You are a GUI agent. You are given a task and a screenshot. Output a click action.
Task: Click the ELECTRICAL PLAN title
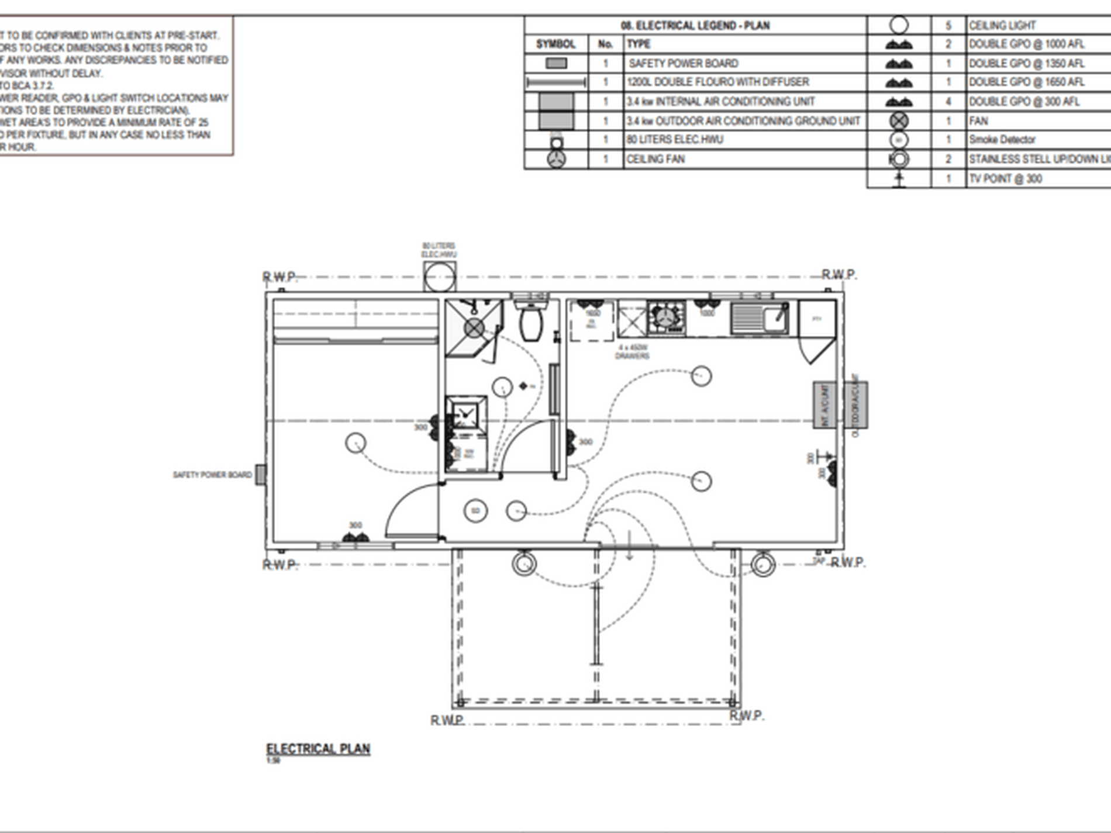tap(318, 749)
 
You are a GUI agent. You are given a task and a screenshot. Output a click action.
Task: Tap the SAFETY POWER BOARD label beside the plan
tap(212, 475)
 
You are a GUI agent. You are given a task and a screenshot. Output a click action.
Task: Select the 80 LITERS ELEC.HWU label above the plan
tap(439, 250)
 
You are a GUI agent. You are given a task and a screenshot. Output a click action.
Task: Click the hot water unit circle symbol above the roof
tap(440, 277)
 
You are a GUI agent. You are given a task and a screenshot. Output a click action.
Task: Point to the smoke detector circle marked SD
tap(475, 511)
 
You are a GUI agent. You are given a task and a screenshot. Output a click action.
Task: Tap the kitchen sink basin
tap(775, 319)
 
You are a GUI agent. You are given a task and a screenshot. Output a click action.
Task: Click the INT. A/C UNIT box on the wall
tap(824, 405)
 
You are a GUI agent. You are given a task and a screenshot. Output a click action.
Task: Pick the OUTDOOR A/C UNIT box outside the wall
tap(855, 405)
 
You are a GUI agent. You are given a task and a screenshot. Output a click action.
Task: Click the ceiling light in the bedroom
tap(356, 443)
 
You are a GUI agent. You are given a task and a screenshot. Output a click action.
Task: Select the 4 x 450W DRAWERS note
tap(632, 351)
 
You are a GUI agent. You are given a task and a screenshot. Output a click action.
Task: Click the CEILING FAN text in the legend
tap(655, 159)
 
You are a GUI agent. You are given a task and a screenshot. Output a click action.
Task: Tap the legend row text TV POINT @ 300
tap(1005, 179)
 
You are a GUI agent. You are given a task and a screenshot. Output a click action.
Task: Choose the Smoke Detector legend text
tap(1002, 140)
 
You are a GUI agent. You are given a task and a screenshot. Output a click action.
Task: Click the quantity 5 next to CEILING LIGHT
tap(948, 26)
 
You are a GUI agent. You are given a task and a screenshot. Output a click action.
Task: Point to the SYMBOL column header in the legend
tap(555, 44)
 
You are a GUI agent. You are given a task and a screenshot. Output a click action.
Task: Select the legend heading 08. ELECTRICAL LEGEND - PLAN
tap(695, 26)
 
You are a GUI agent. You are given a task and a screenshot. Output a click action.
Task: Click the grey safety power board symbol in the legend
tap(556, 63)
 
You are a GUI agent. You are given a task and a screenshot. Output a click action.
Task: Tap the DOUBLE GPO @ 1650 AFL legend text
tap(1026, 82)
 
